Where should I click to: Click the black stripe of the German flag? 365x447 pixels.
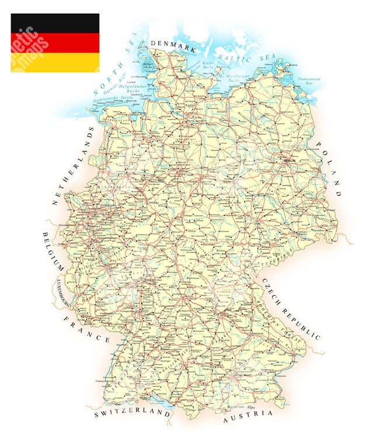55,23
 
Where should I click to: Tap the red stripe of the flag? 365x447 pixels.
55,43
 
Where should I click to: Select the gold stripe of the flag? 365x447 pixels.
55,62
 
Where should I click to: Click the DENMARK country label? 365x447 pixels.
173,43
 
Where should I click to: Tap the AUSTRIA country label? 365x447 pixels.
247,415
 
